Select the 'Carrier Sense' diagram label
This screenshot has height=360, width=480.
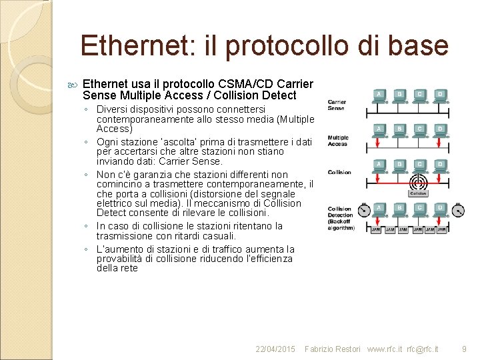(x=337, y=105)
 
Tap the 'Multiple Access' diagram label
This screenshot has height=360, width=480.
(x=338, y=141)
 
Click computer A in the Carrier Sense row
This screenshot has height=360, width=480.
(x=379, y=95)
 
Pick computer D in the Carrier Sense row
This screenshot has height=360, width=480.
(x=440, y=95)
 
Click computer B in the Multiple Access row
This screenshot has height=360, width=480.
(x=399, y=129)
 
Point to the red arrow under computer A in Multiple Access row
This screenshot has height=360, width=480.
(x=379, y=143)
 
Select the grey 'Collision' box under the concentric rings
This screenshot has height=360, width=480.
(x=418, y=193)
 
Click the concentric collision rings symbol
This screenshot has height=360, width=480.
(x=418, y=181)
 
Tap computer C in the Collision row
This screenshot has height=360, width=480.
(x=420, y=165)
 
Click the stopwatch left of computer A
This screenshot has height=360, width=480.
(x=363, y=211)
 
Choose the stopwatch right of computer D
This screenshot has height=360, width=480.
(x=457, y=211)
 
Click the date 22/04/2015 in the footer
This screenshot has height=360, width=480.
(x=275, y=349)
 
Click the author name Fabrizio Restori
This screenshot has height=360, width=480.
(x=333, y=349)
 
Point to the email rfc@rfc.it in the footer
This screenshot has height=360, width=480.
(x=423, y=349)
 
